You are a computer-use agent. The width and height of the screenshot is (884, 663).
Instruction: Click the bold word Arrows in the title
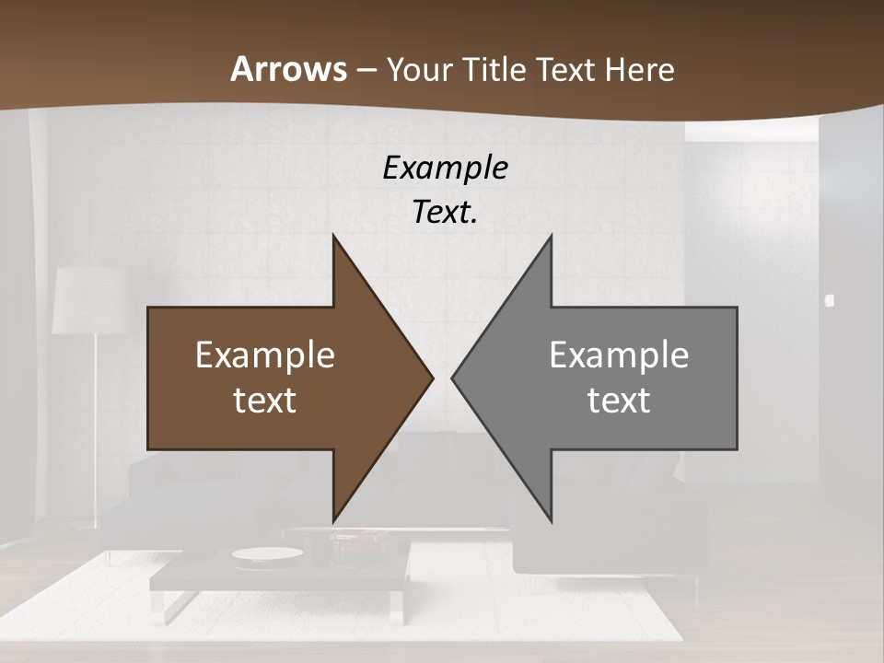tap(288, 69)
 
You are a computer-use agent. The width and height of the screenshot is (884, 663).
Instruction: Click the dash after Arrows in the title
tap(366, 70)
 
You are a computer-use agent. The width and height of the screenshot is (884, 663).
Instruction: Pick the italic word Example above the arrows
tap(445, 168)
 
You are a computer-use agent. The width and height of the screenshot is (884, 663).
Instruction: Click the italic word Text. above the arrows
tap(445, 212)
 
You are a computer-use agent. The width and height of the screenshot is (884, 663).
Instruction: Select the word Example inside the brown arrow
tap(264, 355)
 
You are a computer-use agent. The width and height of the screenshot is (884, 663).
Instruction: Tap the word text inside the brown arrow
tap(264, 400)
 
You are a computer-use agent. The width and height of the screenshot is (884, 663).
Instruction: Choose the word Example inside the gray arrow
tap(619, 355)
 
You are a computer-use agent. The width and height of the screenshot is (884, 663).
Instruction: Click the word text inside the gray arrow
tap(619, 400)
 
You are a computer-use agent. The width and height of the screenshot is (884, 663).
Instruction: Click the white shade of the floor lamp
tap(89, 300)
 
